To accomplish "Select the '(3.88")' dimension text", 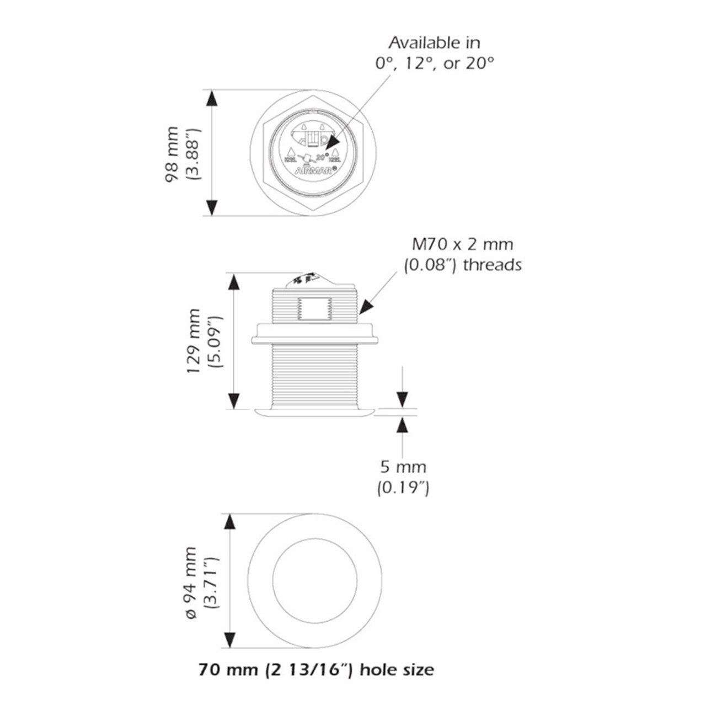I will [x=193, y=154].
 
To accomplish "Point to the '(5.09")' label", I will [x=214, y=341].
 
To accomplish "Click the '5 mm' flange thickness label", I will [x=403, y=467].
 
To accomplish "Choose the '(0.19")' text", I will [x=403, y=488].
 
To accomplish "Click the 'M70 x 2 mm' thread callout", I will [x=463, y=244].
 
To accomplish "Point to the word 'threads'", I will [x=492, y=265].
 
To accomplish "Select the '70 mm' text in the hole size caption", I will [x=221, y=670].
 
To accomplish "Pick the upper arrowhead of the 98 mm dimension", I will [x=212, y=99].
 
